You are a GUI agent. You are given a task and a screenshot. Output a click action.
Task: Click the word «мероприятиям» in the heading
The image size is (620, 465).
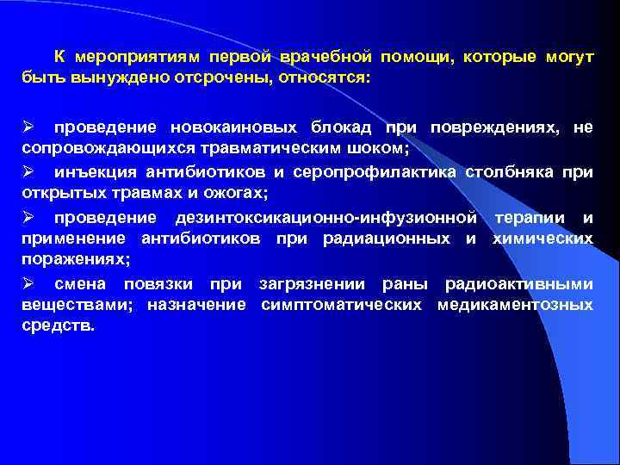click(137, 57)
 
